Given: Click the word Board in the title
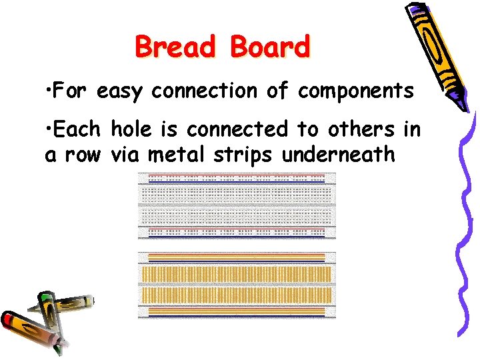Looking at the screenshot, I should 271,47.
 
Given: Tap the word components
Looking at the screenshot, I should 355,91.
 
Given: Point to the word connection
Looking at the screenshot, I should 204,91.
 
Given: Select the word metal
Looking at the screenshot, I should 175,155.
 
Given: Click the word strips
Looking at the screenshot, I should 243,155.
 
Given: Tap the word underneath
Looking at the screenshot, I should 339,155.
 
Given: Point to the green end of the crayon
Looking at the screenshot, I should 45,296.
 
